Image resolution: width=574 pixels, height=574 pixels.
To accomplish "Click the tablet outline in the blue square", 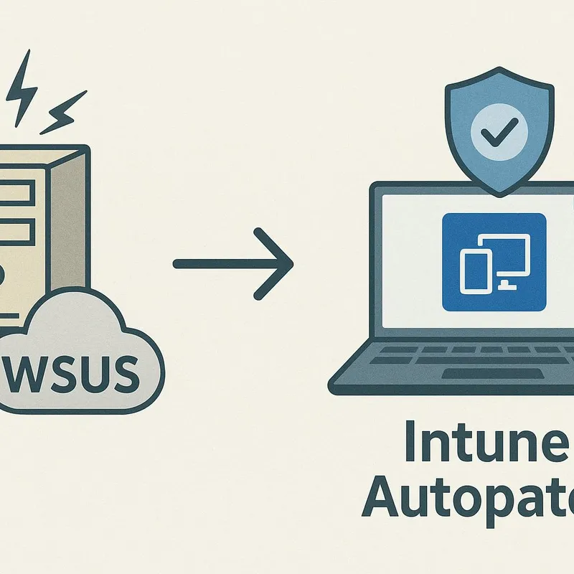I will point(474,271).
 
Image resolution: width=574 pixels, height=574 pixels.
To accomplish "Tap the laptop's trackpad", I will point(474,374).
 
